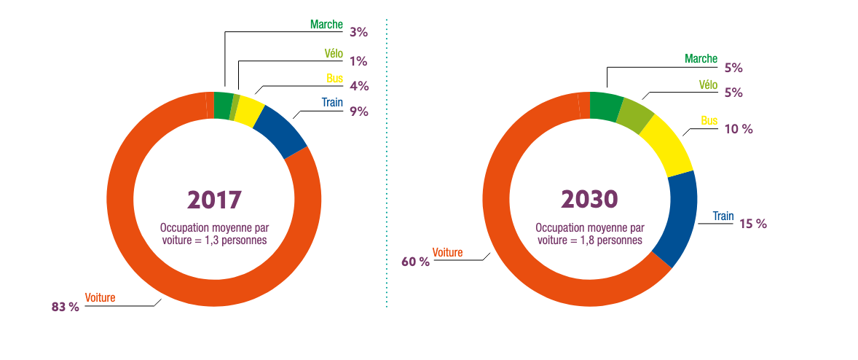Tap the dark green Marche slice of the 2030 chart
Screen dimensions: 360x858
tap(605, 106)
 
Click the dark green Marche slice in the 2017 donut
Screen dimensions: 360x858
tap(223, 106)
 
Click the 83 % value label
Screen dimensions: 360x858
tap(65, 308)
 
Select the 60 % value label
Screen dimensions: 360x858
tap(415, 262)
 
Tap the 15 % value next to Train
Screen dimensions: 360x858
tap(753, 224)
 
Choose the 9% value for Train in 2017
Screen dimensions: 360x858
tap(358, 111)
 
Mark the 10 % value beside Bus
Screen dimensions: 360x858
tap(738, 129)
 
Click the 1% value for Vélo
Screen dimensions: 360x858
tap(358, 61)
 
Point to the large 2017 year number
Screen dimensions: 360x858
tap(214, 199)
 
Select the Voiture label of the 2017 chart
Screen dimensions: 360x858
tap(100, 297)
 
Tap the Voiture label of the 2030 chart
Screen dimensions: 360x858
tap(448, 252)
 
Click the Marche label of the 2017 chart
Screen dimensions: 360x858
tap(326, 24)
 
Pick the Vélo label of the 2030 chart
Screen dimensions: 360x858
tap(708, 85)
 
